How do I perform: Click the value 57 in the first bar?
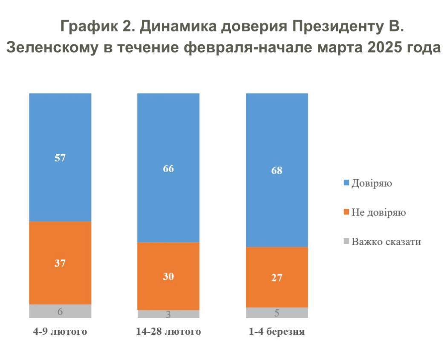pos(60,158)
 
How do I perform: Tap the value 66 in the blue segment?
pos(168,168)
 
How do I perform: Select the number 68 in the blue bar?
pos(277,170)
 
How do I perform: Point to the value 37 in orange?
pos(60,263)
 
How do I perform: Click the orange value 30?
pos(168,276)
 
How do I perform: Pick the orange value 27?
pos(277,277)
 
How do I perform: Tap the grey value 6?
pos(60,311)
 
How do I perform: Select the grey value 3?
pos(168,315)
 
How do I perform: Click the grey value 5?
pos(277,313)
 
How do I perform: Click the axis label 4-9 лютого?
pos(60,331)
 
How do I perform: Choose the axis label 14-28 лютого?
pos(168,331)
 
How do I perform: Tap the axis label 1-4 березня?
pos(277,331)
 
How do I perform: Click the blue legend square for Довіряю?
pos(346,183)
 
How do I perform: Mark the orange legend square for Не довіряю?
pos(346,212)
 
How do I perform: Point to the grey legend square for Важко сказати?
pos(346,242)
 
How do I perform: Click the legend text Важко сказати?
pos(386,242)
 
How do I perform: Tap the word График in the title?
pos(86,26)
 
